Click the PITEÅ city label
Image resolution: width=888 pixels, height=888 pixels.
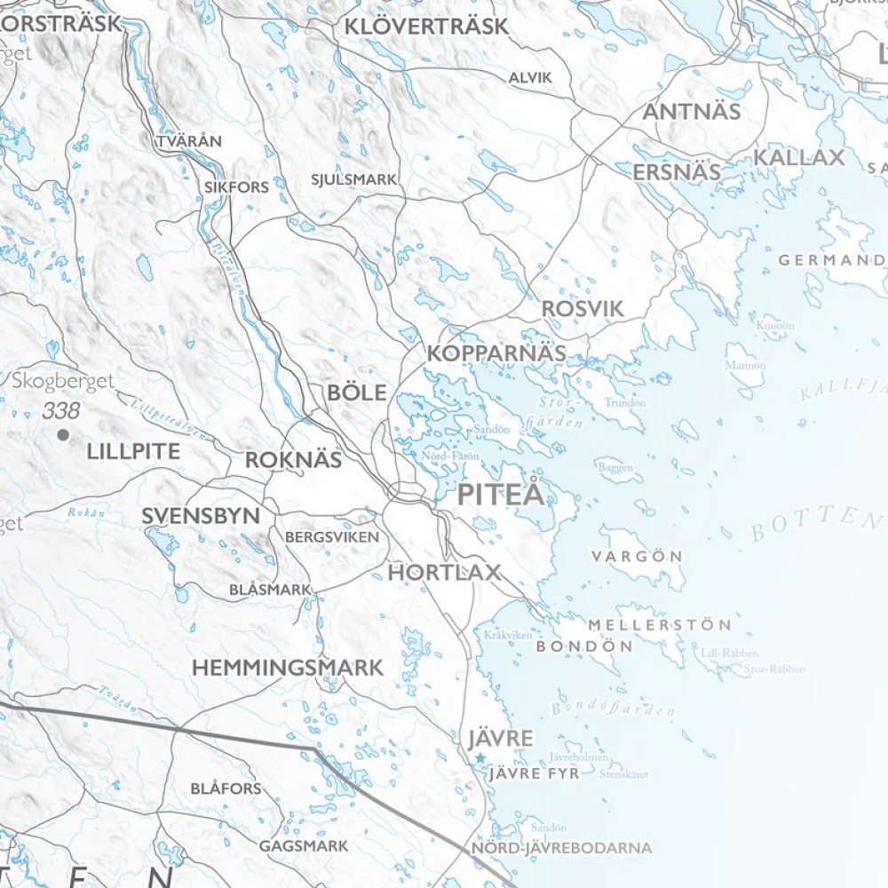pos(500,496)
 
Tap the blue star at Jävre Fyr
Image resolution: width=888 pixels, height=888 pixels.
pos(480,757)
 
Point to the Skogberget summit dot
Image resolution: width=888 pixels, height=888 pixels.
pos(62,434)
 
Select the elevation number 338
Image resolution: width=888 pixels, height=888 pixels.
pos(60,411)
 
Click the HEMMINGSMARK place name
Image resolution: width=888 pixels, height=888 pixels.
pos(288,668)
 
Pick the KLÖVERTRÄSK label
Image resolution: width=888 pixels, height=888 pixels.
pos(426,27)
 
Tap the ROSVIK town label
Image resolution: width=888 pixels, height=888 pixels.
pos(583,309)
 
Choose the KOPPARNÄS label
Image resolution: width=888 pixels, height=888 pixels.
pos(496,353)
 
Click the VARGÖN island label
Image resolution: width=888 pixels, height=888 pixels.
pos(637,557)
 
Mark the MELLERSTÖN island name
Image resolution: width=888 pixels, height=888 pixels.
pos(659,625)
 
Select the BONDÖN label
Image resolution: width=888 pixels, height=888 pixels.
pos(584,646)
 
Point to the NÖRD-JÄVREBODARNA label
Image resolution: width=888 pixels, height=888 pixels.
pos(561,848)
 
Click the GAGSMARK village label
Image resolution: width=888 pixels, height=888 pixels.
pos(304,846)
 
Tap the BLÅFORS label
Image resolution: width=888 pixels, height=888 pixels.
pos(226,789)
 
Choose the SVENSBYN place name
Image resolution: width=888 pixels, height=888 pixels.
pos(201,516)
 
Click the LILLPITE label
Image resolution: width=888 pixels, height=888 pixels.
pos(133,452)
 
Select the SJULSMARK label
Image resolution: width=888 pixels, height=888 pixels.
pos(353,179)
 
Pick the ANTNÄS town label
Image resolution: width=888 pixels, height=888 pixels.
pos(691,112)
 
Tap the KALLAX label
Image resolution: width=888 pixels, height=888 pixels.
pos(799,158)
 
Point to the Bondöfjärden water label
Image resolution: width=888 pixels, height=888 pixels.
pos(613,709)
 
